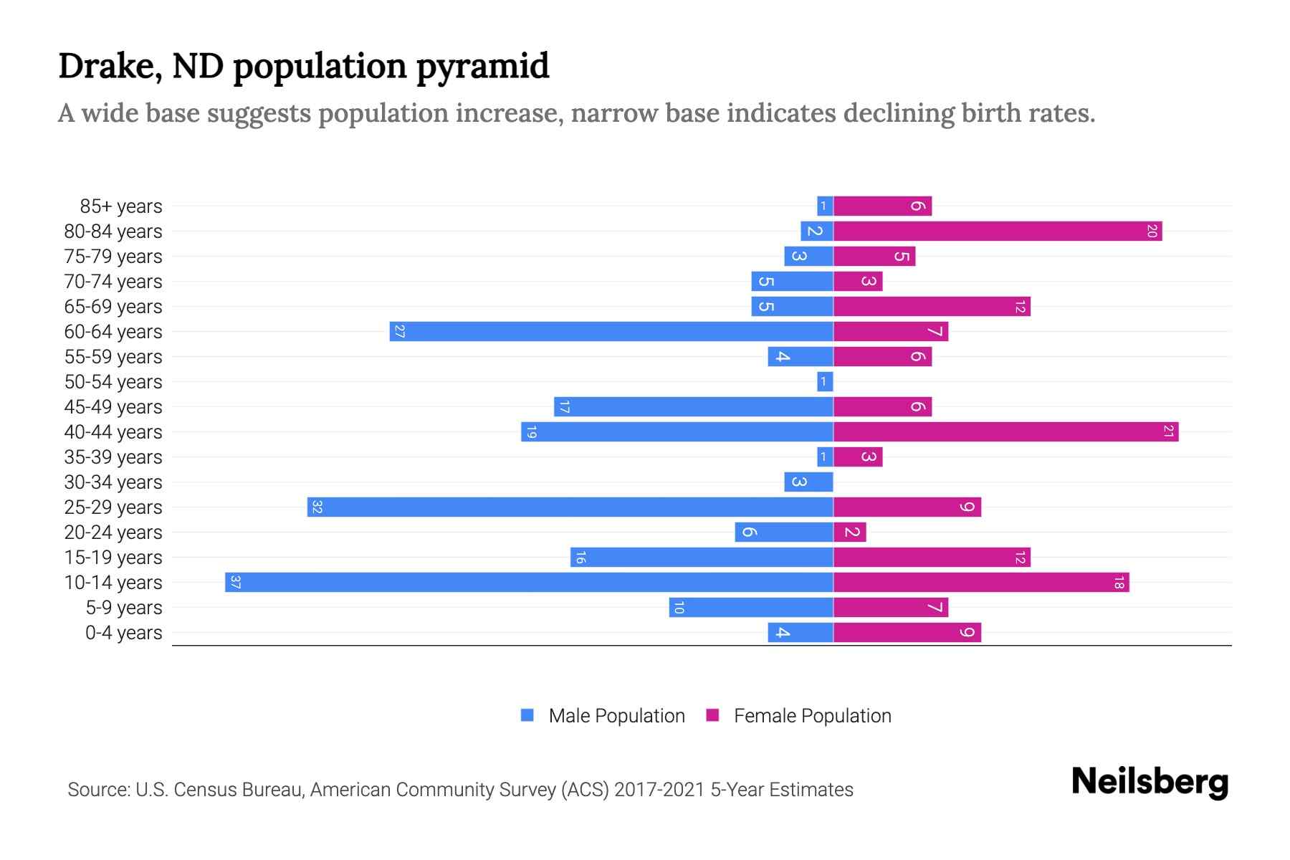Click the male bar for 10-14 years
[529, 582]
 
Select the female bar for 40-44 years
[1005, 431]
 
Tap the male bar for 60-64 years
[611, 331]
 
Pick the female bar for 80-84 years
[997, 231]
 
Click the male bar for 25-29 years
[570, 507]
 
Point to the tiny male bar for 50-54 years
[825, 381]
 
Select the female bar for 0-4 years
[907, 632]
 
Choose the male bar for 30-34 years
[808, 482]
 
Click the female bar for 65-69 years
[932, 306]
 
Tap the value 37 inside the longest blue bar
[235, 582]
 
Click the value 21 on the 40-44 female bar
[1168, 431]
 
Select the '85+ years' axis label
[120, 206]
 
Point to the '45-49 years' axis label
[113, 407]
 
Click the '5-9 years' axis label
[123, 608]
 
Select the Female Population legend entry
[799, 715]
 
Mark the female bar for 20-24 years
[850, 532]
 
